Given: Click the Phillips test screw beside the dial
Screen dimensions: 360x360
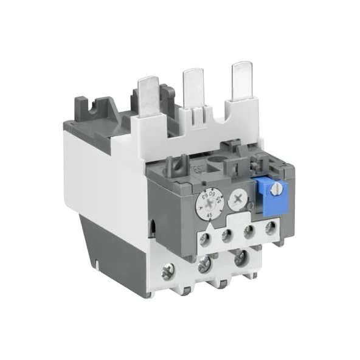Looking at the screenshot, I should point(238,198).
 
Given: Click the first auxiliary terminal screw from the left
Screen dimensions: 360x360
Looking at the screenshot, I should point(206,238).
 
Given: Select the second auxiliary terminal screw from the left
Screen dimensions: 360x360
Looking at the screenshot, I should point(227,235).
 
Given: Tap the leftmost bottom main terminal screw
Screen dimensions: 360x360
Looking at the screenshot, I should point(168,268).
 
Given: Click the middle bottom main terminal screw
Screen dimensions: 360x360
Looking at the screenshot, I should point(204,263).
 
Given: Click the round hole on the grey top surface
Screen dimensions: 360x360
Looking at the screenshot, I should point(215,165).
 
